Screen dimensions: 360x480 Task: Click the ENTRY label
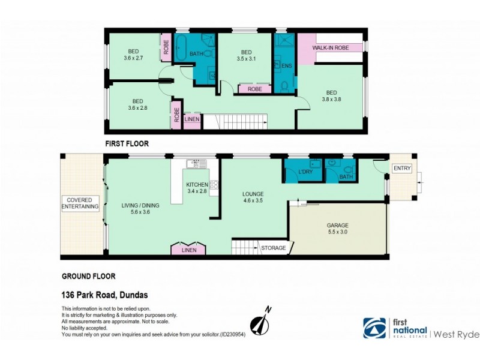point(402,169)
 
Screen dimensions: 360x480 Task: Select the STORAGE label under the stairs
point(272,247)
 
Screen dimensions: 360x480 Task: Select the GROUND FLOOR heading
point(89,277)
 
